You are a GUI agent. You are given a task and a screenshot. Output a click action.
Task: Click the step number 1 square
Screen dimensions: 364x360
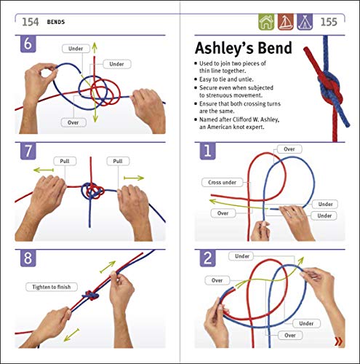coord(207,154)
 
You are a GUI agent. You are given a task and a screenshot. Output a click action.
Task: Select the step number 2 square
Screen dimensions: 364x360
coord(207,261)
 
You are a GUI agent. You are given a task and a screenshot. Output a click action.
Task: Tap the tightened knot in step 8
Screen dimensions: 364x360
coord(91,298)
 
